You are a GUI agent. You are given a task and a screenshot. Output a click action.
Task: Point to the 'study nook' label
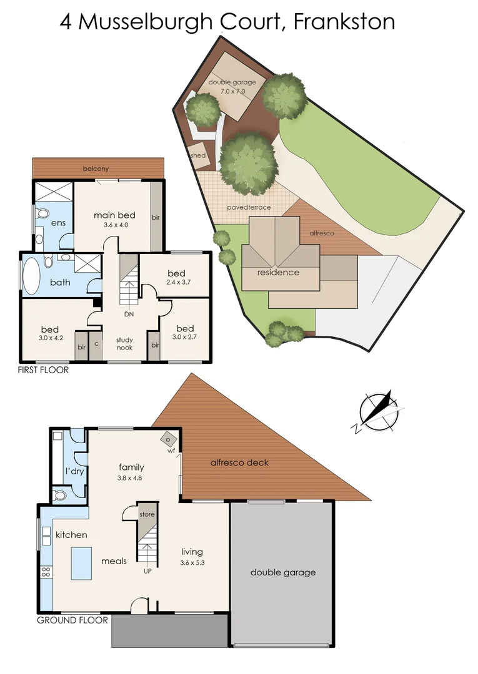pyautogui.click(x=124, y=344)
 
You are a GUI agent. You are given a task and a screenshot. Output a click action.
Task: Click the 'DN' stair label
pyautogui.click(x=129, y=314)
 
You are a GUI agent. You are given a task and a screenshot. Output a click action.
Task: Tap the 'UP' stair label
pyautogui.click(x=147, y=571)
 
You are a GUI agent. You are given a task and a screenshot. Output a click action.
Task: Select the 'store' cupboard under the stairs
pyautogui.click(x=147, y=515)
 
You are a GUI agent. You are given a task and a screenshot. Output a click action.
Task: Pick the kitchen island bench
pyautogui.click(x=80, y=562)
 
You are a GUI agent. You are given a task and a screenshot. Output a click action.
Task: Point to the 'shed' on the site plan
pyautogui.click(x=197, y=155)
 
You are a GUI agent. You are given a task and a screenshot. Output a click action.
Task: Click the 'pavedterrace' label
pyautogui.click(x=249, y=207)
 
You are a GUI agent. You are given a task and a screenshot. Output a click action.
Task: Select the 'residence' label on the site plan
pyautogui.click(x=278, y=272)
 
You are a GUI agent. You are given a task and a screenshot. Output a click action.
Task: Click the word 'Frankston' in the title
pyautogui.click(x=344, y=22)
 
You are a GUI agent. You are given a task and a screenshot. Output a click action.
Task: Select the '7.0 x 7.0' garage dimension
pyautogui.click(x=232, y=91)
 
